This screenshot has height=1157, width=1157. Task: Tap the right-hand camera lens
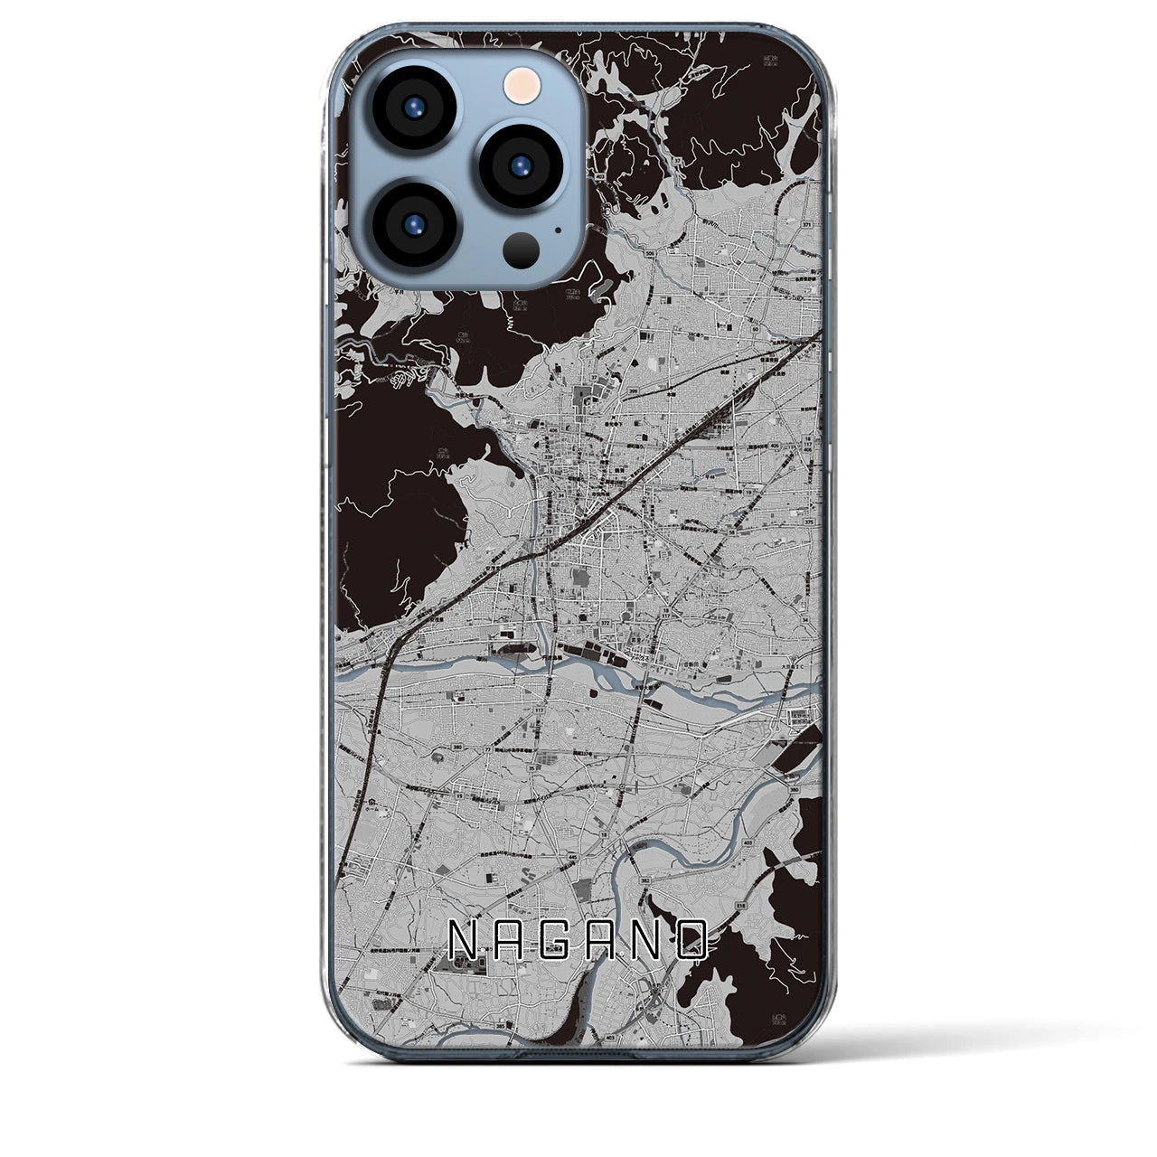[x=522, y=165]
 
